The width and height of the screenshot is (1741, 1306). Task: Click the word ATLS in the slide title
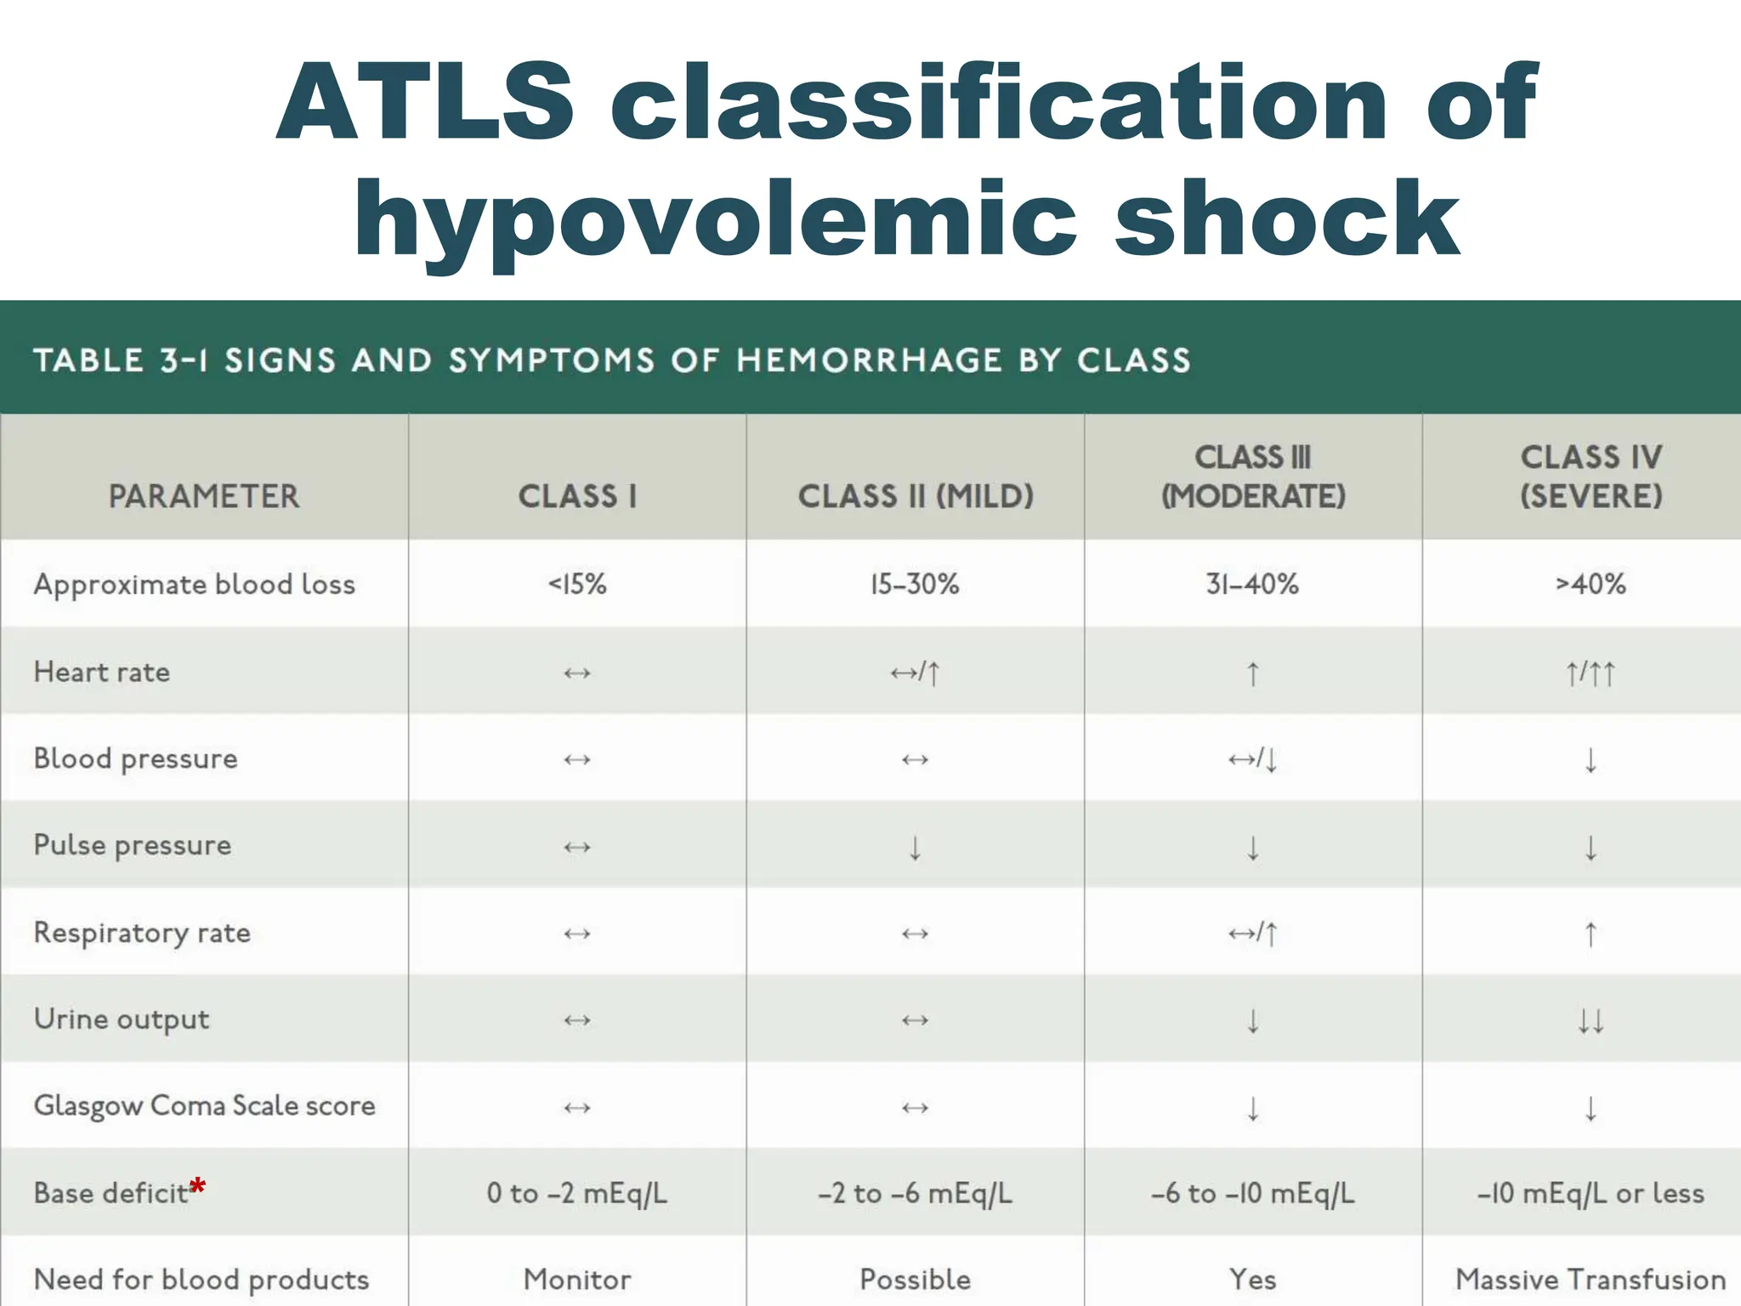click(425, 102)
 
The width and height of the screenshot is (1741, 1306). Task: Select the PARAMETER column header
click(204, 497)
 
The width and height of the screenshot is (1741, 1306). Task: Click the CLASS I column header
click(577, 497)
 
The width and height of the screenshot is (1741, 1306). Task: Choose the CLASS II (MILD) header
click(916, 497)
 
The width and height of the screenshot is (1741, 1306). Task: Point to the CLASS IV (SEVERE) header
click(1591, 476)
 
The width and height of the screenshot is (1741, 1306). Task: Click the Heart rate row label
click(102, 673)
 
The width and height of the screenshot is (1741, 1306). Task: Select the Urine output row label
click(122, 1019)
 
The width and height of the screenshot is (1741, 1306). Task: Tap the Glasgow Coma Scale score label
click(204, 1106)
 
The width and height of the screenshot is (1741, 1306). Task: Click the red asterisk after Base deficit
click(197, 1185)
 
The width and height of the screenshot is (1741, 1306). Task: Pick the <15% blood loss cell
click(577, 585)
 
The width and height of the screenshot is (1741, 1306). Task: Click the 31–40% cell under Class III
click(1252, 585)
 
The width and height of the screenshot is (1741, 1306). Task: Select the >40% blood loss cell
click(1591, 585)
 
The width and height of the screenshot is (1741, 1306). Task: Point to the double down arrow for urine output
click(1591, 1020)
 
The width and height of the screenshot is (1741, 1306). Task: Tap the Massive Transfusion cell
click(1591, 1280)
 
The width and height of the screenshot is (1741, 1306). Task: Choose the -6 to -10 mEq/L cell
click(1252, 1194)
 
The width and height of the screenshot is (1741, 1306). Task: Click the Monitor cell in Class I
click(577, 1280)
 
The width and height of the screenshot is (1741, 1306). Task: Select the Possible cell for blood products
click(916, 1280)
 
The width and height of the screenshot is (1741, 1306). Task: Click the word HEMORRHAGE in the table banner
click(870, 361)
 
